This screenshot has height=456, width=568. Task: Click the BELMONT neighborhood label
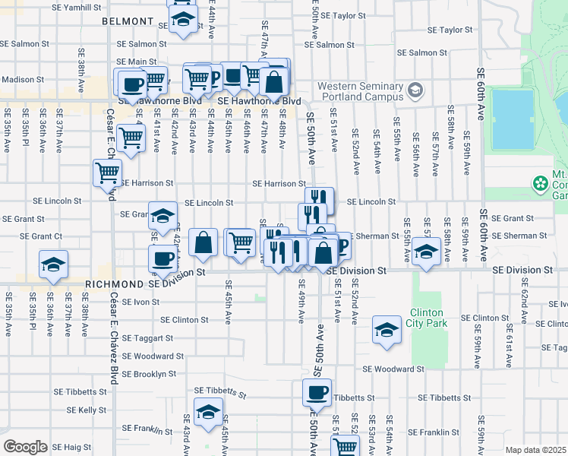coord(128,22)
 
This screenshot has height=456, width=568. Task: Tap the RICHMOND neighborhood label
coord(114,283)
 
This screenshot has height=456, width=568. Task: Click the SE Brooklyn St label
coord(149,374)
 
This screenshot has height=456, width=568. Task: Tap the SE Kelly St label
coord(87,410)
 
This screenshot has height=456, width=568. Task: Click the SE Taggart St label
coord(147,337)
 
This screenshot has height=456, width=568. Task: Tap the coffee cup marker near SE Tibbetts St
coord(317,393)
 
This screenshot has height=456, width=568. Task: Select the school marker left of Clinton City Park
coord(387,331)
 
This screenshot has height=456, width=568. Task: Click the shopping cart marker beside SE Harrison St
coord(106,173)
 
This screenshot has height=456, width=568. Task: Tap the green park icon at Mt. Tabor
coord(540,184)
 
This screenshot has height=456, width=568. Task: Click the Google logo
coord(25,447)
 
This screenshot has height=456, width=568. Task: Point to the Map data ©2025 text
coord(536,450)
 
